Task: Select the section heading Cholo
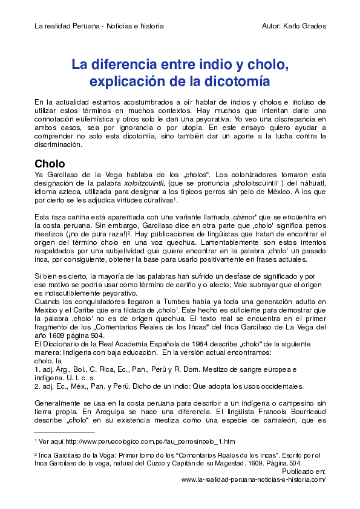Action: pyautogui.click(x=50, y=163)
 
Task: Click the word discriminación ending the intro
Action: pyautogui.click(x=57, y=145)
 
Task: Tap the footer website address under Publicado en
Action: pyautogui.click(x=254, y=479)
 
